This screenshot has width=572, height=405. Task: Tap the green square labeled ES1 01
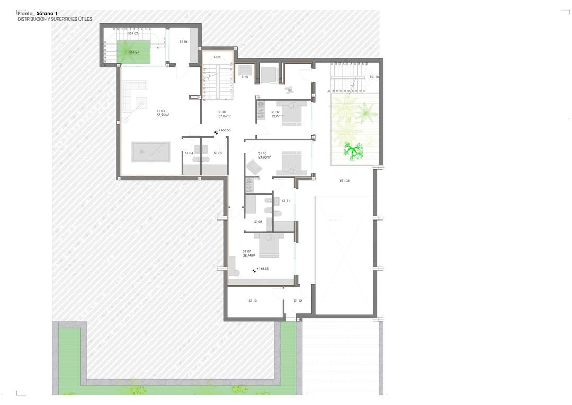tap(134, 52)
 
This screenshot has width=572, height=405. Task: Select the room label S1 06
tap(184, 41)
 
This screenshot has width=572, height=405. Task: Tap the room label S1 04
tap(189, 153)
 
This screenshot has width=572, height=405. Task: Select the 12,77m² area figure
tap(277, 116)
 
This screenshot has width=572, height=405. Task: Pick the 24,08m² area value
tap(264, 157)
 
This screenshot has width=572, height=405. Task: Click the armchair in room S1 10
tap(254, 167)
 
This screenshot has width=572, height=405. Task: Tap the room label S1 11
tap(286, 201)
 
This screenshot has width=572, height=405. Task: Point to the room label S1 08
tap(258, 222)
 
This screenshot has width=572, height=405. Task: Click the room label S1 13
tap(253, 301)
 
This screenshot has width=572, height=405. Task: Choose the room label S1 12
tap(298, 301)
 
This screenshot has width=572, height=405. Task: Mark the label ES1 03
tap(345, 181)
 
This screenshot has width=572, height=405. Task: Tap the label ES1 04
tap(374, 77)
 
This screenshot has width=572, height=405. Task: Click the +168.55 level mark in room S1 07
tap(262, 269)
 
